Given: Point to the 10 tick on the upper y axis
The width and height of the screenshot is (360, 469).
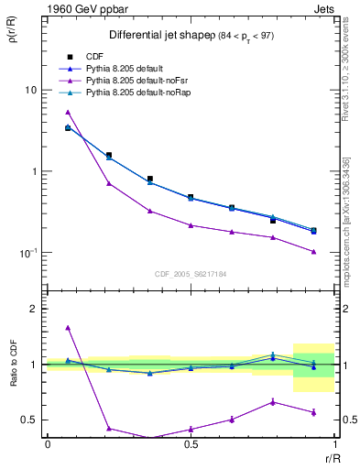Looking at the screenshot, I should coord(31,90).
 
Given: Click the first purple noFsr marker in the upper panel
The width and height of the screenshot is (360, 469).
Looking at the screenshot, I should coord(68,112).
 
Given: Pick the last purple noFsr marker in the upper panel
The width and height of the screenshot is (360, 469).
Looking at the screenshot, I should coord(313,251).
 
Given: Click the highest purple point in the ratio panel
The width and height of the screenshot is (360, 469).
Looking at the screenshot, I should coord(68,327).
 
